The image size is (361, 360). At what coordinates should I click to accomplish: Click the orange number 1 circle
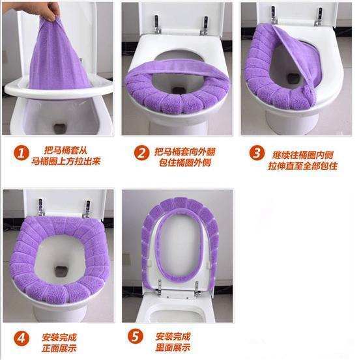(x=22, y=154)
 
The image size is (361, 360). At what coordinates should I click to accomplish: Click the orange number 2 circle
(x=141, y=153)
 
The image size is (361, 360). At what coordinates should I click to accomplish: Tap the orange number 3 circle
(x=257, y=153)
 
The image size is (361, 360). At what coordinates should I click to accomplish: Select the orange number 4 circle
(x=22, y=339)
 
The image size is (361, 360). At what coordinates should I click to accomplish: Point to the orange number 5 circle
(x=135, y=337)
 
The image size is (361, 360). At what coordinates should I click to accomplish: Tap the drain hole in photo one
(x=60, y=128)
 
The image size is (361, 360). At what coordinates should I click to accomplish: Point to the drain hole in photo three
(x=293, y=78)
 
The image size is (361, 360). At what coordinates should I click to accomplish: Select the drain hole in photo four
(x=62, y=271)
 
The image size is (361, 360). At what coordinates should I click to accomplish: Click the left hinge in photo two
(x=157, y=24)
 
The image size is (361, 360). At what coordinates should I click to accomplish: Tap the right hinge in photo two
(x=204, y=25)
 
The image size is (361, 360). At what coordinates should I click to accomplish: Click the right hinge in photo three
(x=319, y=16)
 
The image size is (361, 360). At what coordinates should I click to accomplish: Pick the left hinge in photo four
(x=41, y=208)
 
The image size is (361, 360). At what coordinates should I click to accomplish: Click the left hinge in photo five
(x=158, y=288)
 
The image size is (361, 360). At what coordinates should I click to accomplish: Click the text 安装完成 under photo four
(x=59, y=337)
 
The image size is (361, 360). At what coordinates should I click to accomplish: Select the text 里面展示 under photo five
(x=173, y=347)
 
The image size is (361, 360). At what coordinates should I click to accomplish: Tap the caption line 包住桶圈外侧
(x=185, y=162)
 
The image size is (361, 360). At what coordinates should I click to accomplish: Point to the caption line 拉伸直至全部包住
(x=302, y=165)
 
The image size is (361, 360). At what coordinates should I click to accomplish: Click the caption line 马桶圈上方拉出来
(x=66, y=161)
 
